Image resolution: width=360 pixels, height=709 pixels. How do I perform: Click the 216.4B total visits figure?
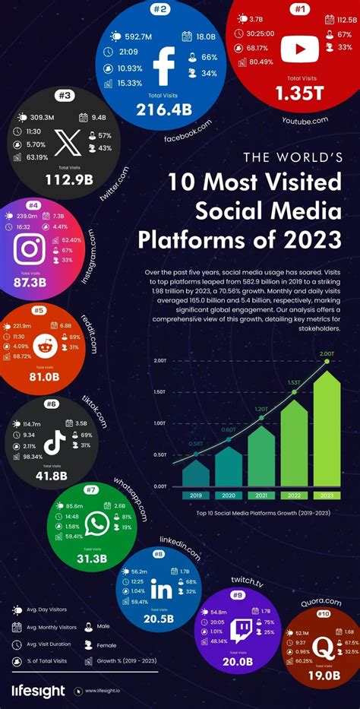(164, 109)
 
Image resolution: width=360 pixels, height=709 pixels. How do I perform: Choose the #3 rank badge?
(65, 95)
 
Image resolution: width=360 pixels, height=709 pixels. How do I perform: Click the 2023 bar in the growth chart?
(327, 429)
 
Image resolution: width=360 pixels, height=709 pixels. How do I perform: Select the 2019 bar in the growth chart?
(196, 473)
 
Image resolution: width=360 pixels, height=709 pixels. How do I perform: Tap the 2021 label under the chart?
(261, 495)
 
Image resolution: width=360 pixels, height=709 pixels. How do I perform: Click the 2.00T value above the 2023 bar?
(327, 353)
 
